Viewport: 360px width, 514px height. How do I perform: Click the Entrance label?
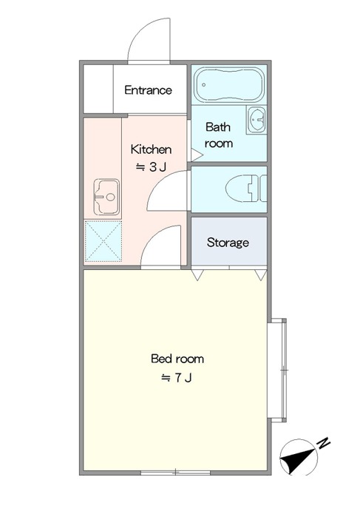(148, 90)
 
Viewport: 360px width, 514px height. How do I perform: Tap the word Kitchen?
(151, 149)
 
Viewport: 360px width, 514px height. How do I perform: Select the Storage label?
(228, 243)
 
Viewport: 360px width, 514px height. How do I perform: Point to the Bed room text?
(177, 359)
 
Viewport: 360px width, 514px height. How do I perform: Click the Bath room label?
(219, 135)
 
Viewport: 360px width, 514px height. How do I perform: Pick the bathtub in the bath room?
(229, 85)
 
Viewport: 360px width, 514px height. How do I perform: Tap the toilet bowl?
(246, 189)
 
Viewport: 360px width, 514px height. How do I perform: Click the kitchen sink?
(106, 197)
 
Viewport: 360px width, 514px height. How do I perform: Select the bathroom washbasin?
(257, 119)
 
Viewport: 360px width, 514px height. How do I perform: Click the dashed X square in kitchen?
(103, 241)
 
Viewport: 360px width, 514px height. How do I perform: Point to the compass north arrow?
(298, 458)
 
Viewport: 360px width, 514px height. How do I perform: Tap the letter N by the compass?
(324, 443)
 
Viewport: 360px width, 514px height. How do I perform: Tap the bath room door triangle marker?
(197, 155)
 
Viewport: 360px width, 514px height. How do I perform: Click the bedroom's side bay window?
(277, 370)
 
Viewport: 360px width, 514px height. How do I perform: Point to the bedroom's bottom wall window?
(175, 473)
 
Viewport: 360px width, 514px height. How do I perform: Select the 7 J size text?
(176, 378)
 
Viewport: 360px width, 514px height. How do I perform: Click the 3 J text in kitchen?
(151, 167)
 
